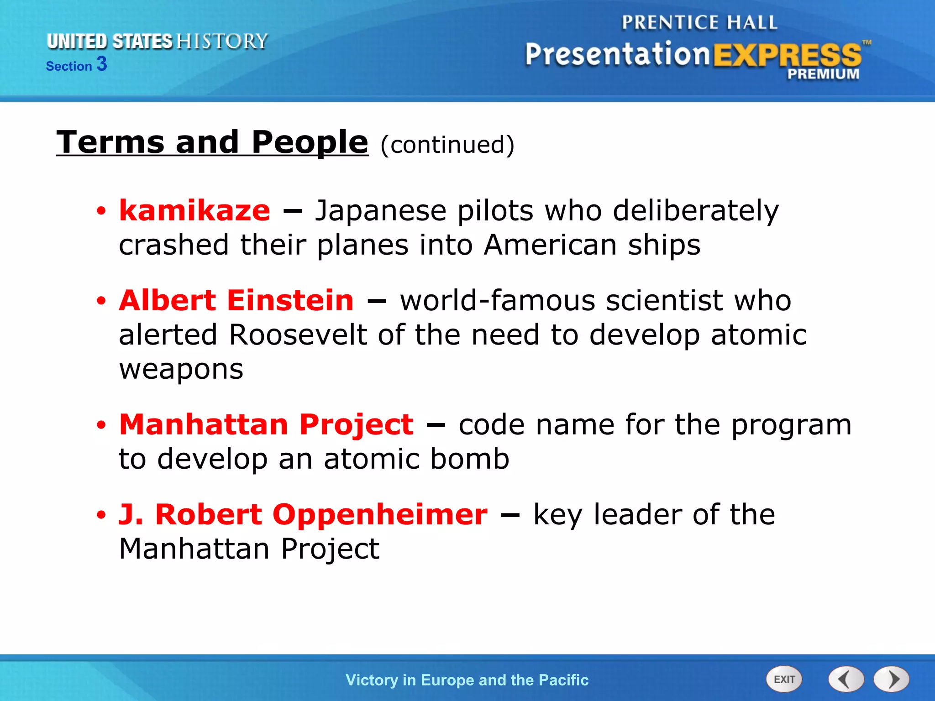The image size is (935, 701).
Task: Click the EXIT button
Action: pos(784,679)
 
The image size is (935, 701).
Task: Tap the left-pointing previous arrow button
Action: pos(846,679)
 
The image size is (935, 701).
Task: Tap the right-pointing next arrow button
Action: pos(892,679)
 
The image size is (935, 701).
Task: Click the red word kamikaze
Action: pos(194,211)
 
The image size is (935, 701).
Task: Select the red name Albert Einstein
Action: pos(236,301)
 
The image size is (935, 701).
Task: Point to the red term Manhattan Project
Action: pos(266,424)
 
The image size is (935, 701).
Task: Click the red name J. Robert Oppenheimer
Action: pos(303,514)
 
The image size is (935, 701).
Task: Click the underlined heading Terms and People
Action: pos(212,142)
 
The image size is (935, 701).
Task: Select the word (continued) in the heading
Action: pos(447,145)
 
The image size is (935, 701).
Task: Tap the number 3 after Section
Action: pos(102,64)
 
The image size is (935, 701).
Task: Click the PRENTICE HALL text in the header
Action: pos(699,22)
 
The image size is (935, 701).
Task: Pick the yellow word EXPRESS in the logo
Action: pos(787,55)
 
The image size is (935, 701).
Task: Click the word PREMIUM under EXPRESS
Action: pos(823,74)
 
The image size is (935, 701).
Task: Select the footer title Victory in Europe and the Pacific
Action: pos(467,680)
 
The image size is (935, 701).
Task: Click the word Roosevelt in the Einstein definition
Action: pos(298,335)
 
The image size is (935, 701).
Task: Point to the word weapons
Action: pos(181,370)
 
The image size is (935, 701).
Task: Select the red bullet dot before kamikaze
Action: pos(101,211)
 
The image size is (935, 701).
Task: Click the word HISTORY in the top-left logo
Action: pos(222,42)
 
